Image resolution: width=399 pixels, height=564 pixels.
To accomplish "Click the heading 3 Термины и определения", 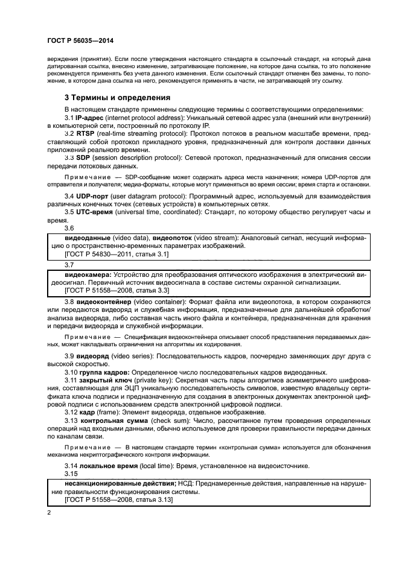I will click(x=117, y=97).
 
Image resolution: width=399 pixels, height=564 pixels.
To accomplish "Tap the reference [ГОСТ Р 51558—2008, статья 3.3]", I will click(x=116, y=291).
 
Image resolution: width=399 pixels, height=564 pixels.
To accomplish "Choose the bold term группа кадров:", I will click(x=103, y=372).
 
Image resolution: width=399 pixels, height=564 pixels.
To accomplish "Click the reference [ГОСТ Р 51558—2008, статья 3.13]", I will click(x=118, y=500).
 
